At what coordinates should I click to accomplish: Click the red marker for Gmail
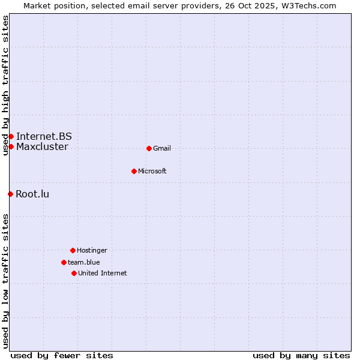[x=149, y=148]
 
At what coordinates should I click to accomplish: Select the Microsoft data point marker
[x=134, y=171]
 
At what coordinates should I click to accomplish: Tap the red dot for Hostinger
[x=73, y=250]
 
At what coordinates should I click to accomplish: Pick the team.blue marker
[x=64, y=262]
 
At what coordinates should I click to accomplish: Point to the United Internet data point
[x=74, y=273]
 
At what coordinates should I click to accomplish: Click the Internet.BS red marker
[x=11, y=136]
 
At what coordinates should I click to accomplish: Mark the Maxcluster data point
[x=11, y=146]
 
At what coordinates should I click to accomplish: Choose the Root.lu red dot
[x=10, y=194]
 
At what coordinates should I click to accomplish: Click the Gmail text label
[x=162, y=148]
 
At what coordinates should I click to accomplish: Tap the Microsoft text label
[x=152, y=171]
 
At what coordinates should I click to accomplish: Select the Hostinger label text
[x=92, y=250]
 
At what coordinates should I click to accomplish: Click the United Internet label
[x=103, y=273]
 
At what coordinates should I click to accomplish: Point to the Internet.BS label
[x=44, y=136]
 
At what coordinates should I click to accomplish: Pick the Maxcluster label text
[x=42, y=146]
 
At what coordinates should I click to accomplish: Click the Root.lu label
[x=32, y=194]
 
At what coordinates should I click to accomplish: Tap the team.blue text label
[x=84, y=262]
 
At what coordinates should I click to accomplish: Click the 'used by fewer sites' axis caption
[x=62, y=355]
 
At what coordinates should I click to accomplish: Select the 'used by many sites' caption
[x=301, y=355]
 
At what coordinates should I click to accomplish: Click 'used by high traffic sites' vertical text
[x=5, y=85]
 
